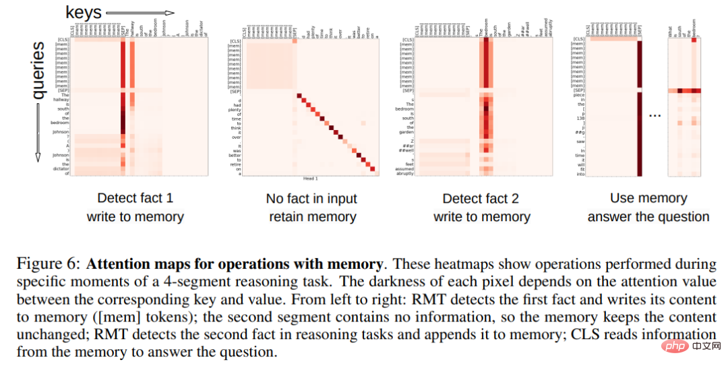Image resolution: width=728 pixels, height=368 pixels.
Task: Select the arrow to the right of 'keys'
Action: [x=140, y=12]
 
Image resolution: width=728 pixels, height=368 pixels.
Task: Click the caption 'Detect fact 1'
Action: [x=135, y=198]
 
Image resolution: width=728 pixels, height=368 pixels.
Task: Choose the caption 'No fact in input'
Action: [x=311, y=198]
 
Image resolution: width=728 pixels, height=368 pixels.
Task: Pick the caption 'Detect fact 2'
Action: [x=481, y=198]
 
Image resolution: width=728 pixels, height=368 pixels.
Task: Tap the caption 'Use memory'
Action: [x=648, y=198]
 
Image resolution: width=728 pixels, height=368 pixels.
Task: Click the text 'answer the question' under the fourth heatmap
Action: [x=648, y=216]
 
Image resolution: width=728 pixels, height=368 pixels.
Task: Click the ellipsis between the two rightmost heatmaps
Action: [x=655, y=115]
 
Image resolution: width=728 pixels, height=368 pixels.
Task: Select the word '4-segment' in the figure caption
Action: [x=196, y=282]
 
